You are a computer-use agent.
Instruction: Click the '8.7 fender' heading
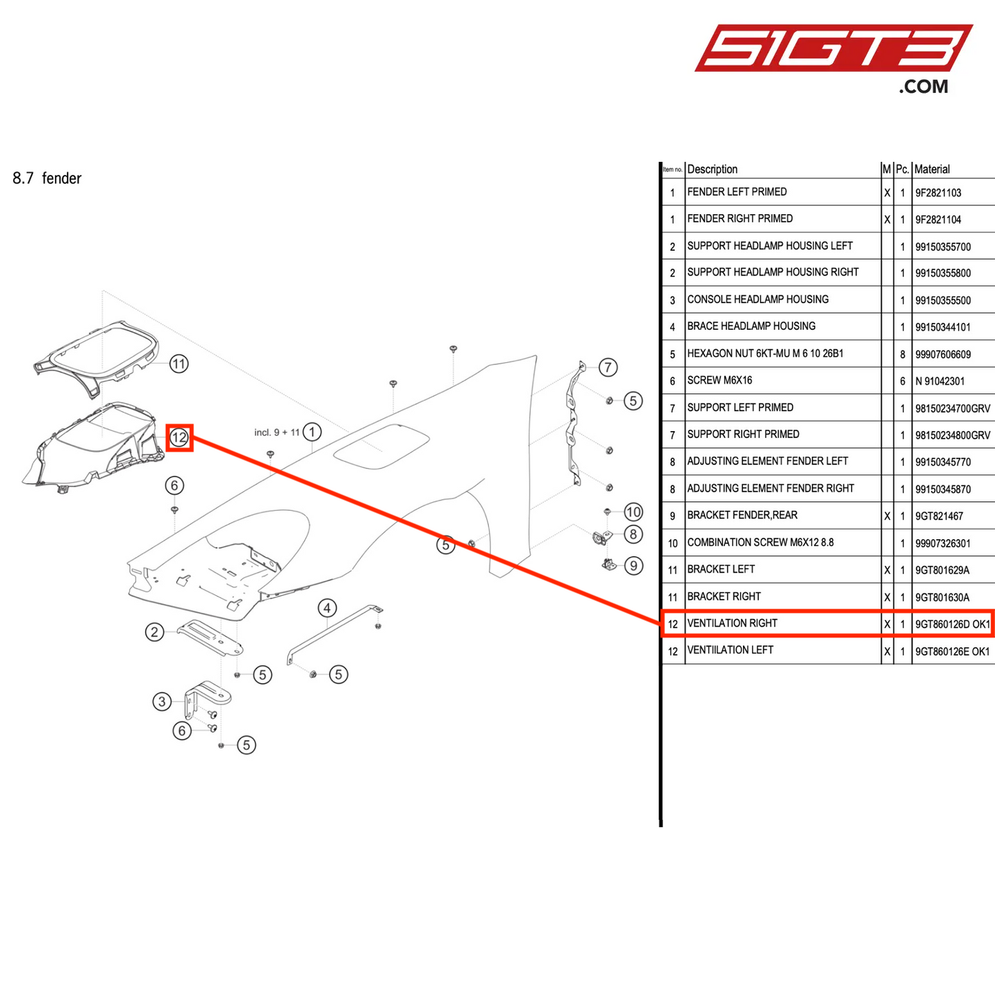pos(47,179)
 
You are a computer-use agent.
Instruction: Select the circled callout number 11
pos(179,364)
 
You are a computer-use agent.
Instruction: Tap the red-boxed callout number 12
pos(179,437)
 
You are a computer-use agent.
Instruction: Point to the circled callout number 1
pos(312,432)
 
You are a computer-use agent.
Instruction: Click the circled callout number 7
pos(607,367)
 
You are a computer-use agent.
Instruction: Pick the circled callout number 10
pos(633,512)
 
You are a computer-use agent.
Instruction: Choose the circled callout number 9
pos(633,565)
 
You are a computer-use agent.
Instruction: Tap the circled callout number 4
pos(327,608)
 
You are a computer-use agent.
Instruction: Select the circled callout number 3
pos(162,702)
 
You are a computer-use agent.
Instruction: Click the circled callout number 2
pos(154,632)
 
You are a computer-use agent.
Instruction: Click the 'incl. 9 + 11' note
pos(277,432)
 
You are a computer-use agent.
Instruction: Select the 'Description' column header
pos(712,169)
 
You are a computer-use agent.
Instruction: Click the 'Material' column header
pos(932,169)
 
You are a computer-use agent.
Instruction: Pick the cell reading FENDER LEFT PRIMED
pos(737,192)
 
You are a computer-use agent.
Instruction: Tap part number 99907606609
pos(943,355)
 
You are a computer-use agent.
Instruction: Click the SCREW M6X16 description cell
pos(720,380)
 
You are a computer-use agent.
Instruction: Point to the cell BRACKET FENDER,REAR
pos(742,515)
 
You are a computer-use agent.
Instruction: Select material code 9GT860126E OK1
pos(952,651)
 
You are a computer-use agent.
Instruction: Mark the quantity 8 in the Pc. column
pos(902,355)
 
